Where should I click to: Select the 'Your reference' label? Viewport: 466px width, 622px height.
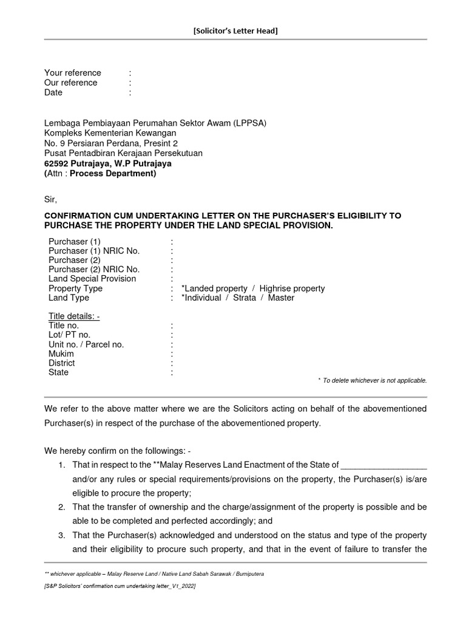pos(72,73)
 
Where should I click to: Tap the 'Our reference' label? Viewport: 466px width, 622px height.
pos(70,83)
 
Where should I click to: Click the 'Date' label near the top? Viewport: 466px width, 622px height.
pos(53,92)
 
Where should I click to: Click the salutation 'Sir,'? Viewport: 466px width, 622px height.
pos(50,199)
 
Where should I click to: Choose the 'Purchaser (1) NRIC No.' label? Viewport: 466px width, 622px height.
pos(94,251)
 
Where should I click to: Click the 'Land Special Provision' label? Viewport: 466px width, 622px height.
pos(92,279)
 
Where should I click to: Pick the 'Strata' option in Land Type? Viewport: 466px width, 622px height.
pos(245,298)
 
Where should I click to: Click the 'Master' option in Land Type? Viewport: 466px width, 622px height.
pos(280,298)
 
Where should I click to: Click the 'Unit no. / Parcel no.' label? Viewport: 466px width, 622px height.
pos(86,344)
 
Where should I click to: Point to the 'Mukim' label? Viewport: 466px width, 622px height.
pos(61,354)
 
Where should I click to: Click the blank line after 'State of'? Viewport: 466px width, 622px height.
pos(384,465)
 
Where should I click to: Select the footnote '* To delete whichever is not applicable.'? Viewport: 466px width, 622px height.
pos(372,380)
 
